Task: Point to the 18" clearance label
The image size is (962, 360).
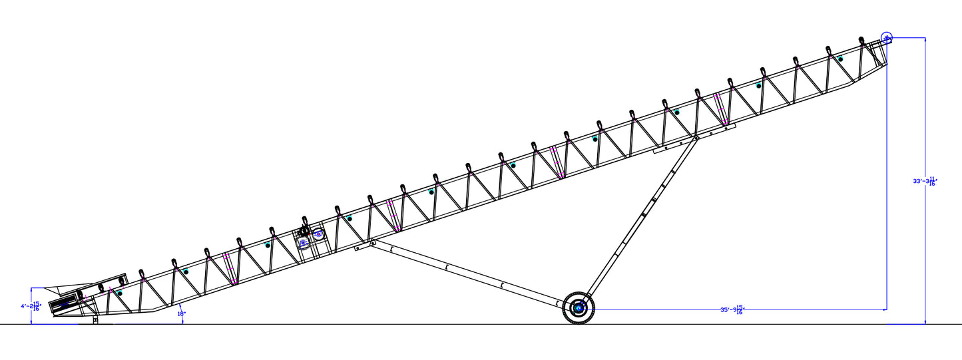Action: coord(181,313)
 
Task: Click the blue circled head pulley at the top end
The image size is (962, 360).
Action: coord(887,38)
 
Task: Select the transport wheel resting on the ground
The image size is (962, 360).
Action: coord(579,308)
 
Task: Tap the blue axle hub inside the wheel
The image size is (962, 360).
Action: coord(579,308)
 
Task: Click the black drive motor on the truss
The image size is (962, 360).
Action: coord(305,232)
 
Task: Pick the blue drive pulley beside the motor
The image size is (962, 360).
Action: coord(318,234)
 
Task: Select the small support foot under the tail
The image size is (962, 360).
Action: coord(95,320)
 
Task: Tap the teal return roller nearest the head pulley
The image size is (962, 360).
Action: coord(840,59)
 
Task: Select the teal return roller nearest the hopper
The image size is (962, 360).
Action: coord(120,293)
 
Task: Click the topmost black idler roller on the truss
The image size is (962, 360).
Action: coord(861,39)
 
